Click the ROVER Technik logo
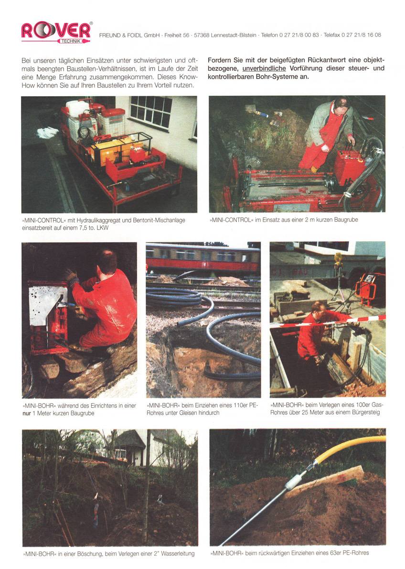[56, 32]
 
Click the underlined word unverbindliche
[264, 68]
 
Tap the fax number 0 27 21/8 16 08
[361, 35]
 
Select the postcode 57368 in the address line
[202, 35]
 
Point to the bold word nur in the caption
[26, 413]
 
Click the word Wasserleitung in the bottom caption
[178, 554]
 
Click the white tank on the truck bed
[77, 108]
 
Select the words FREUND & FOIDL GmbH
[129, 35]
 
